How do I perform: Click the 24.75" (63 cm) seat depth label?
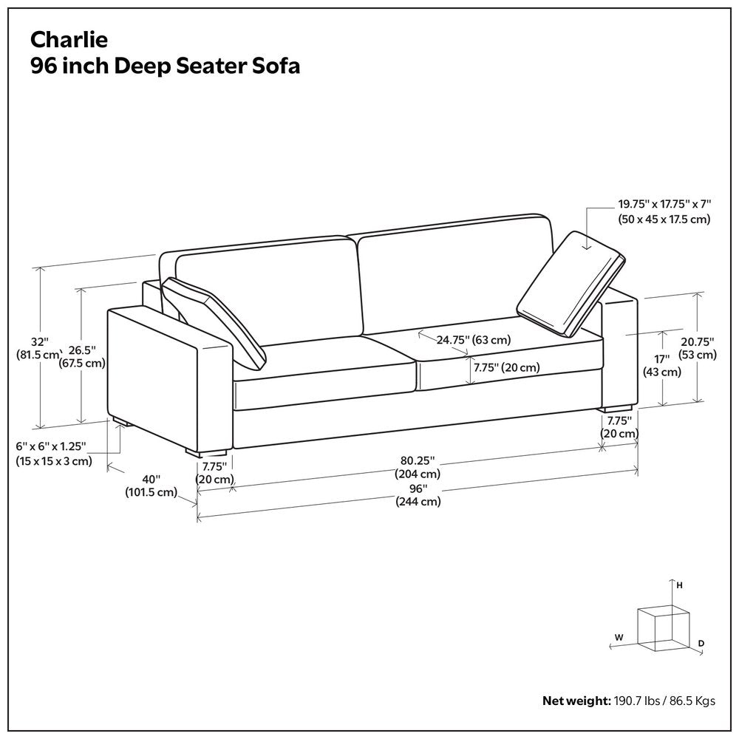[473, 340]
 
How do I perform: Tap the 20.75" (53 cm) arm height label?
[698, 348]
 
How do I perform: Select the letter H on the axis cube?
[679, 585]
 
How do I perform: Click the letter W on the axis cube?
[619, 636]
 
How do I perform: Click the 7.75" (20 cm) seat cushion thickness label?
[506, 367]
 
